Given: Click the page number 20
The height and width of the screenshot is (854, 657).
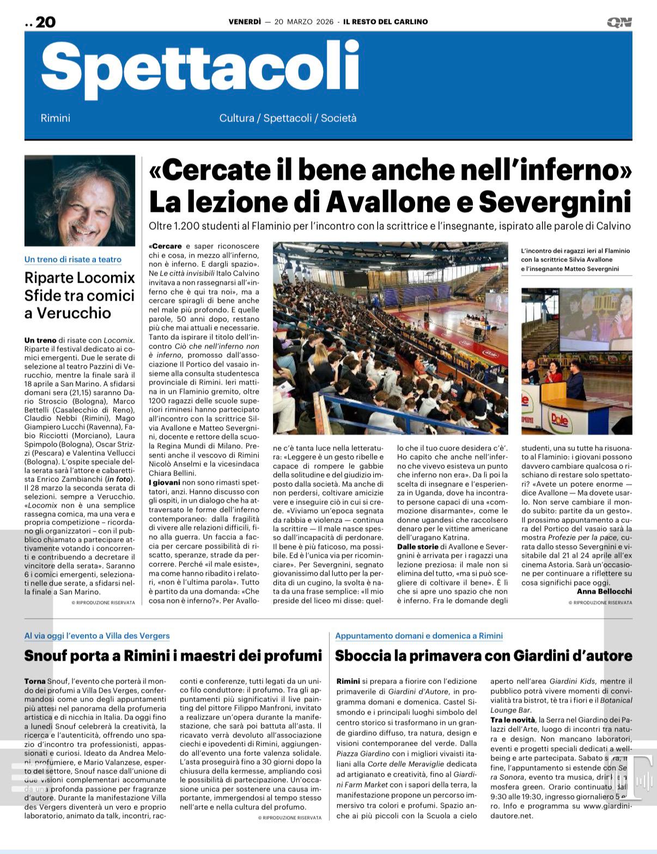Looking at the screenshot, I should click(45, 22).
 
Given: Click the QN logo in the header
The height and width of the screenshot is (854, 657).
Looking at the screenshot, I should click(619, 22).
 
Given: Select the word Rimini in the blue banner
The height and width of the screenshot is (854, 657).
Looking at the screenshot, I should click(56, 118).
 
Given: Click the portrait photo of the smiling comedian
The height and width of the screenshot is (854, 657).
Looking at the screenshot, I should click(80, 200).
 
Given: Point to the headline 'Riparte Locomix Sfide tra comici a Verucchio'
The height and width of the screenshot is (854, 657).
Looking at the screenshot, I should click(80, 295).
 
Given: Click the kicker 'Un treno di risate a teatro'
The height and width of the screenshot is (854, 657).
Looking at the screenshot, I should click(73, 260).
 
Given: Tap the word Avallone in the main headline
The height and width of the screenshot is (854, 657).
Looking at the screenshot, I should click(388, 202).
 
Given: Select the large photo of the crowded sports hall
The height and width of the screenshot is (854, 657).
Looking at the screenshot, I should click(390, 338).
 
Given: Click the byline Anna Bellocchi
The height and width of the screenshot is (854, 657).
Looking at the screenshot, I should click(604, 591).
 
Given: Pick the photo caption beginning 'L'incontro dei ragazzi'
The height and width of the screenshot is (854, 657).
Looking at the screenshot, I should click(575, 260).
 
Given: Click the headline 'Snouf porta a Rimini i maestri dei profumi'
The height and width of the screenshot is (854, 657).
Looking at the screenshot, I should click(173, 656).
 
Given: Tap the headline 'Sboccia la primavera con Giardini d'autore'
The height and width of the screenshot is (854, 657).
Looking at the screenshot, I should click(483, 656).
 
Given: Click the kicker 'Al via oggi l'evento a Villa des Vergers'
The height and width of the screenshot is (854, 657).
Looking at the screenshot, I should click(97, 636).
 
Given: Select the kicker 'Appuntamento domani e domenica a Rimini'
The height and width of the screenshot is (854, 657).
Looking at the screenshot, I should click(419, 636).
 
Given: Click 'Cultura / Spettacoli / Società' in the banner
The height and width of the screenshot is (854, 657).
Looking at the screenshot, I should click(288, 118).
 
